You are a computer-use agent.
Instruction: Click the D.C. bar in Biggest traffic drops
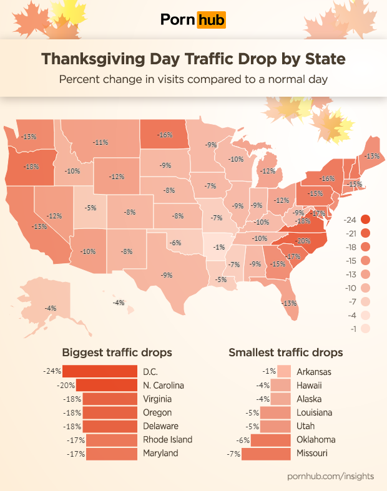coord(100,371)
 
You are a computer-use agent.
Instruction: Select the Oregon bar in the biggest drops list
coord(110,412)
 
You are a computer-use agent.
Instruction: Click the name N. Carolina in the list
coord(164,385)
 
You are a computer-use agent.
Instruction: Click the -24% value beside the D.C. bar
coord(52,371)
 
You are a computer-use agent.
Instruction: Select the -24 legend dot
coord(365,219)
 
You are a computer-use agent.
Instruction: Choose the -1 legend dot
coord(365,328)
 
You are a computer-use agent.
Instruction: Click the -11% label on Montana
coord(101,142)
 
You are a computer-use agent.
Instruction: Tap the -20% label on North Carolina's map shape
coord(303,241)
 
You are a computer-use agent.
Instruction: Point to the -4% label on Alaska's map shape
coord(51,308)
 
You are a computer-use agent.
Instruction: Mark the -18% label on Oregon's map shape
coord(31,167)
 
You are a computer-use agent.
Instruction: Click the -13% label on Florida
coord(289,303)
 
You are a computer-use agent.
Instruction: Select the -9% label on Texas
coord(166,275)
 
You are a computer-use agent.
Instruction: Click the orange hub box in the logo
coord(211,20)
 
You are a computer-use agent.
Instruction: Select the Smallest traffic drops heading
coord(285,352)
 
